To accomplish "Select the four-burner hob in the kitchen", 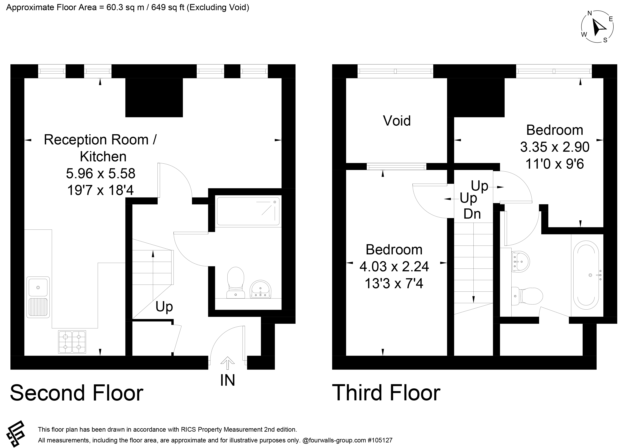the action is coord(72,342).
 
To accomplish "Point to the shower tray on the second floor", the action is coord(248,211).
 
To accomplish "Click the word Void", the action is coord(397,121).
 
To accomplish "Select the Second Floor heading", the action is coord(76,393).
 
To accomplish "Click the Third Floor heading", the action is coord(386,393).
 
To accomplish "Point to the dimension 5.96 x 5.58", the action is coord(101,173).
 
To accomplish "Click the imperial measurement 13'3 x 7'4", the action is coord(394,283).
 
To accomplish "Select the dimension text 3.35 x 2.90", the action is coord(555,147).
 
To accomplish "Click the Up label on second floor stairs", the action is coord(164,307).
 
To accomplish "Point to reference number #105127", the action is coord(380,440).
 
